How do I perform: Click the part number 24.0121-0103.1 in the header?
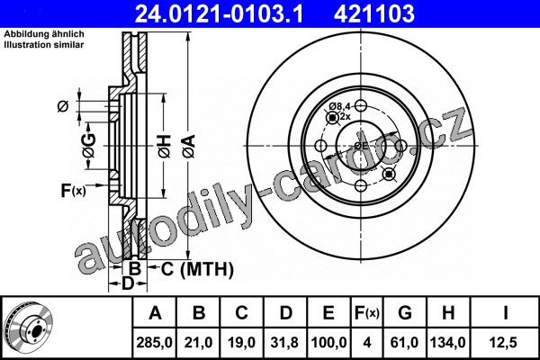(219, 13)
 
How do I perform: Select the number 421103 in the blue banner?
(374, 13)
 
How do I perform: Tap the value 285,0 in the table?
(154, 343)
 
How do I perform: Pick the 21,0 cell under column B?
(198, 343)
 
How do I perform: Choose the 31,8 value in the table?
(285, 343)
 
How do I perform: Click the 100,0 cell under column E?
(328, 343)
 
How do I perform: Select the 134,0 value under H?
(448, 343)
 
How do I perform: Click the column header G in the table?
(405, 313)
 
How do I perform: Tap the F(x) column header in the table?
(367, 313)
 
